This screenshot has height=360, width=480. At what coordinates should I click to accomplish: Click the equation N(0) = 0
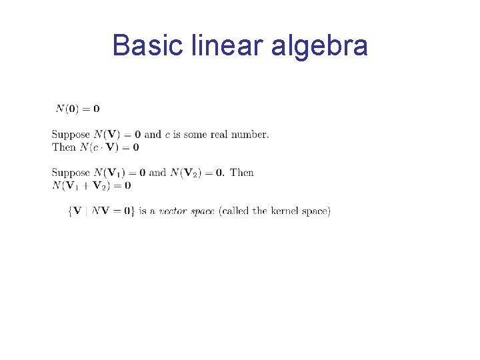77,109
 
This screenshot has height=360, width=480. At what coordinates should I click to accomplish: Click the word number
251,135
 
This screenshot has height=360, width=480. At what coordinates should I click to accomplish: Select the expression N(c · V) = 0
109,147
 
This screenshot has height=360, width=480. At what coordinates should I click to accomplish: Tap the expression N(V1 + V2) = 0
91,185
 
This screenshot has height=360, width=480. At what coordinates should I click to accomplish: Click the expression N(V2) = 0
197,173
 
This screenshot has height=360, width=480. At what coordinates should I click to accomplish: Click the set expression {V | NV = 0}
101,211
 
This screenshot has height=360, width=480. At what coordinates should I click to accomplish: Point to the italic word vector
172,211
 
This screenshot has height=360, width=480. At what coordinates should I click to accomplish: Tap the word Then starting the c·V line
64,147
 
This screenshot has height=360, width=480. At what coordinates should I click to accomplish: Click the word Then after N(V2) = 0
242,173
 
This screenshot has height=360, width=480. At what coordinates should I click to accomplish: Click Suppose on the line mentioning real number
71,135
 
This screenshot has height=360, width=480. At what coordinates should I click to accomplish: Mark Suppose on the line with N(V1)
71,173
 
